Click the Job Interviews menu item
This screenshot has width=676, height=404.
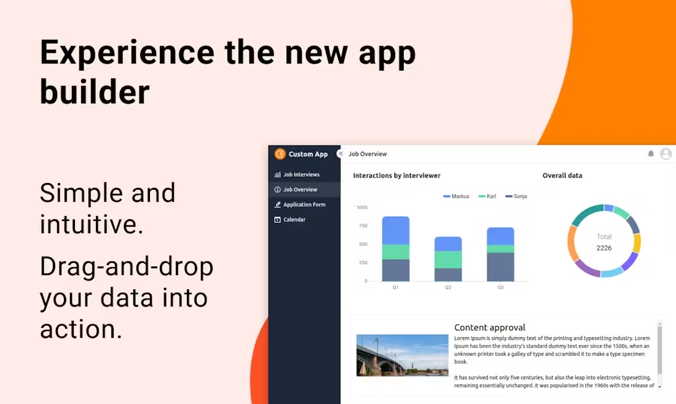click(x=297, y=174)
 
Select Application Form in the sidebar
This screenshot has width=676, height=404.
click(x=300, y=204)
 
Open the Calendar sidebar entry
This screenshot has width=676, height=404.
click(x=290, y=220)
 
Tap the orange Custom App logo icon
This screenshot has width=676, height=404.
click(x=280, y=153)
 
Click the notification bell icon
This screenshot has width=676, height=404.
click(x=651, y=153)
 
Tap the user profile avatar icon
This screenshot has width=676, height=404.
click(x=666, y=153)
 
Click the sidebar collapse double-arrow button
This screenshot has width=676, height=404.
click(x=340, y=153)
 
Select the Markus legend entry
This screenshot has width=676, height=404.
click(x=456, y=196)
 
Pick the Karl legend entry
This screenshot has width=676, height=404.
click(x=487, y=196)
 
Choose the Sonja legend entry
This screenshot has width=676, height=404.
click(x=516, y=196)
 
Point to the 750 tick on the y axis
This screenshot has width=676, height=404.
click(x=363, y=226)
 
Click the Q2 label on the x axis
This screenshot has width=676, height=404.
click(x=448, y=287)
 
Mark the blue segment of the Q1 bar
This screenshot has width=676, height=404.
click(x=396, y=230)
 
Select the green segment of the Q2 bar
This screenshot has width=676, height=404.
click(x=448, y=260)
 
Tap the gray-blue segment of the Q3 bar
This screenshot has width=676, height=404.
click(x=500, y=267)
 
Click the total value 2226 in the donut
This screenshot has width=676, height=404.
click(x=604, y=248)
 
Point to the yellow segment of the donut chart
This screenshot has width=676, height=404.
click(x=637, y=243)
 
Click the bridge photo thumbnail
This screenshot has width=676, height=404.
click(x=403, y=355)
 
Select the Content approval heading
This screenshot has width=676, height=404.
click(x=490, y=327)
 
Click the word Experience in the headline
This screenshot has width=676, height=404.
click(x=127, y=53)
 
